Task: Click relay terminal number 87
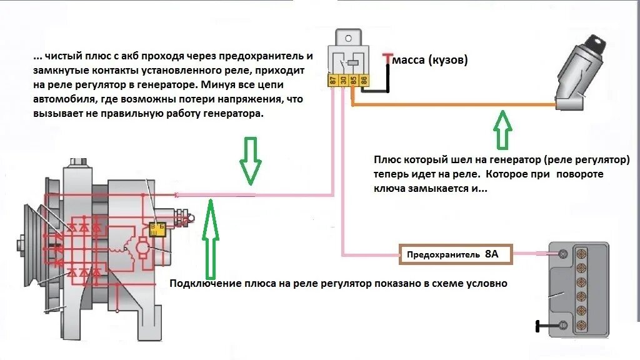pyautogui.click(x=333, y=80)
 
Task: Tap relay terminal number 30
pyautogui.click(x=344, y=80)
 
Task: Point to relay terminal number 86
pyautogui.click(x=364, y=80)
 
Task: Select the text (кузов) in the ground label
pyautogui.click(x=449, y=61)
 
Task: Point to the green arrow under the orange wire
pyautogui.click(x=502, y=128)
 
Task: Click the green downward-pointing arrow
pyautogui.click(x=249, y=161)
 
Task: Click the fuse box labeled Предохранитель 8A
pyautogui.click(x=456, y=254)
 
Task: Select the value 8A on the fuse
pyautogui.click(x=491, y=254)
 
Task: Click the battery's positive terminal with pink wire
pyautogui.click(x=561, y=254)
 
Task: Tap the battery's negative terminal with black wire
pyautogui.click(x=561, y=326)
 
